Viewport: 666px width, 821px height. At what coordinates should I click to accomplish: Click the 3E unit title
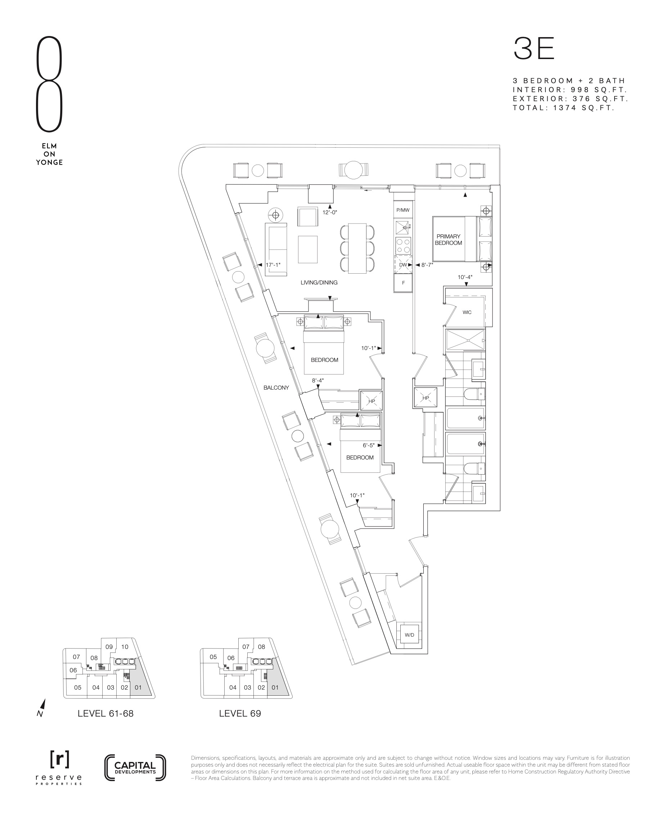coord(534,49)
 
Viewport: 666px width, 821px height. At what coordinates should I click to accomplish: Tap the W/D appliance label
coord(409,635)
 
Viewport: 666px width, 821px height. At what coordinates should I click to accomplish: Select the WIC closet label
coord(467,312)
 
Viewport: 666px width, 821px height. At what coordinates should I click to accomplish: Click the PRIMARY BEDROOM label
coord(449,240)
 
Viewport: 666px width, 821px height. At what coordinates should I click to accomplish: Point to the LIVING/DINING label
coord(319,283)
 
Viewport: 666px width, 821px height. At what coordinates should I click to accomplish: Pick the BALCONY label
coord(276,388)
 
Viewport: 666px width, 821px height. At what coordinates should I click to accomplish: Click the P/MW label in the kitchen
coord(403,210)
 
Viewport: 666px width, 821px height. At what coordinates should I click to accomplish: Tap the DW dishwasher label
coord(403,265)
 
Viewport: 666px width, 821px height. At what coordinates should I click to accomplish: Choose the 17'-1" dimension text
coord(273,265)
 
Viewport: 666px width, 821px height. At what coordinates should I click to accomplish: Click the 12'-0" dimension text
coord(329,212)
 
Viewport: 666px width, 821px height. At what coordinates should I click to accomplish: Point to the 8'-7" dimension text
coord(427,265)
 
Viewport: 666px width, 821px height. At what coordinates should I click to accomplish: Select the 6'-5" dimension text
coord(369,445)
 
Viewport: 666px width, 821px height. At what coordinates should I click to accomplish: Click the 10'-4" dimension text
coord(465,277)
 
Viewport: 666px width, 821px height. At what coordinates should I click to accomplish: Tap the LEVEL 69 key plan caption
coord(240,714)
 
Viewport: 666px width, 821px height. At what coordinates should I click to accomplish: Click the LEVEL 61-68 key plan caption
coord(105,714)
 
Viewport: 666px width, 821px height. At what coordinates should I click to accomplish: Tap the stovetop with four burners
coord(403,246)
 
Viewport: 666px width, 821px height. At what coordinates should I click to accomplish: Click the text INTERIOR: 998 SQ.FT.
coord(570,90)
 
